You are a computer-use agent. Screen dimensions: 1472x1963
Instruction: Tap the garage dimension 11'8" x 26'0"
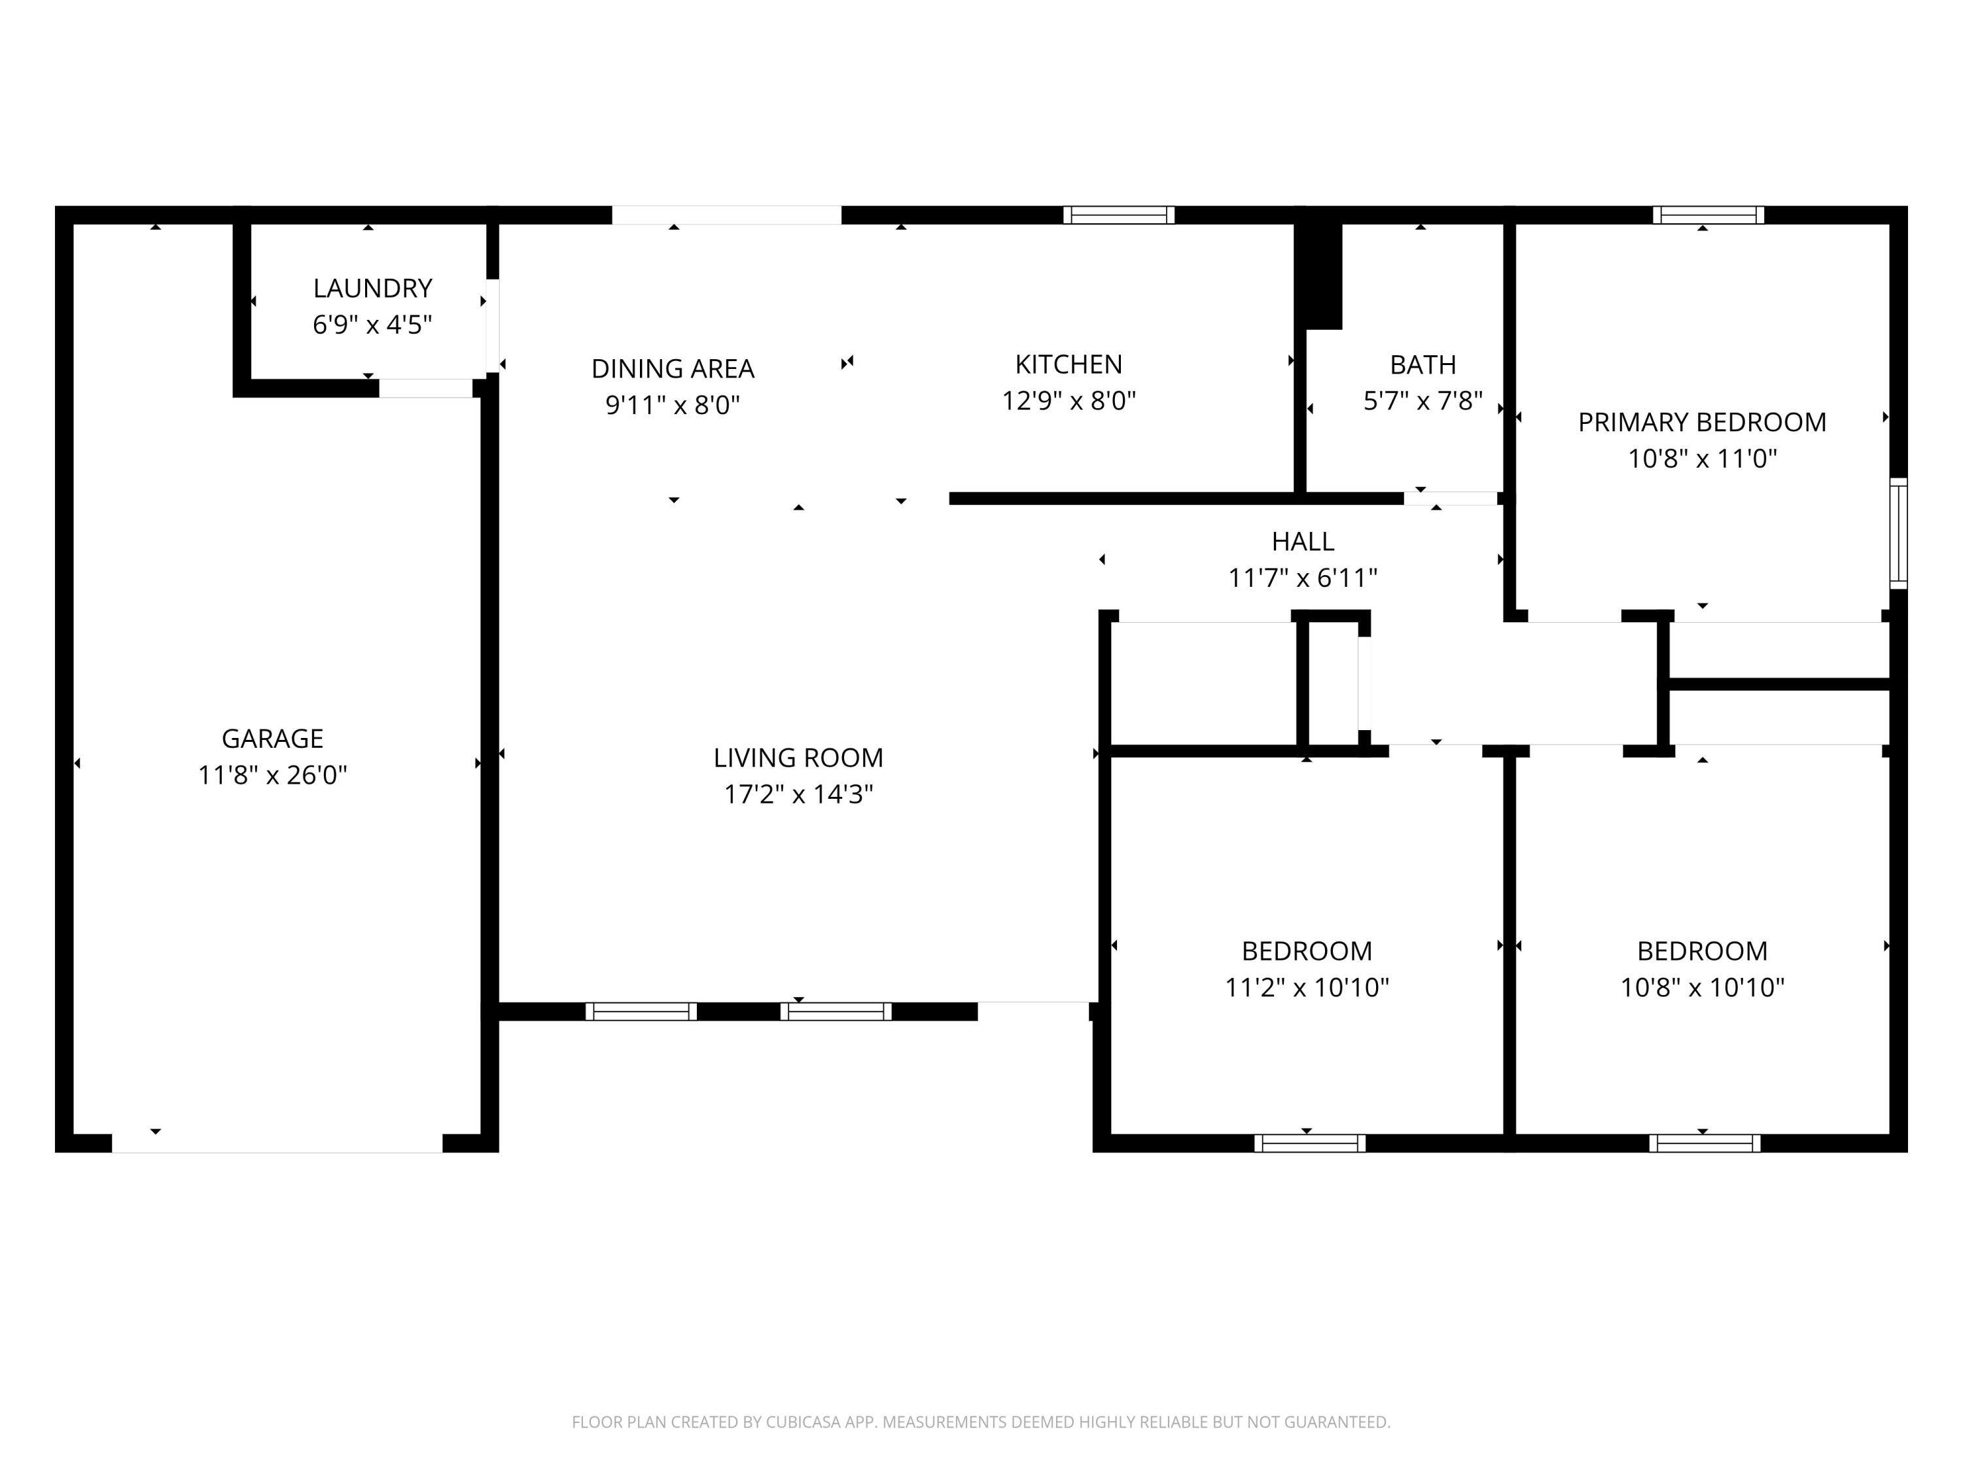(x=272, y=775)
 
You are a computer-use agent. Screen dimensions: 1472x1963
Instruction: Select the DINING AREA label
(x=673, y=368)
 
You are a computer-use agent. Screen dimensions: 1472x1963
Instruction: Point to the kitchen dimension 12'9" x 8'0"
(x=1069, y=401)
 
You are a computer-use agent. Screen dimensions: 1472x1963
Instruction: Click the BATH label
(x=1423, y=364)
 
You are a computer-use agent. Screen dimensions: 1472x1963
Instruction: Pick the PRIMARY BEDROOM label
(x=1701, y=423)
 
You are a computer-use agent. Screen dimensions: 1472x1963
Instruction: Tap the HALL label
(x=1302, y=541)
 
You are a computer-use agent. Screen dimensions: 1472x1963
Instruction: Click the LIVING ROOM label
(x=798, y=758)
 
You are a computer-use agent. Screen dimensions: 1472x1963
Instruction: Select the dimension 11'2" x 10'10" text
(x=1306, y=987)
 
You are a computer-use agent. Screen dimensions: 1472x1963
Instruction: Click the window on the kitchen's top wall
(x=1118, y=215)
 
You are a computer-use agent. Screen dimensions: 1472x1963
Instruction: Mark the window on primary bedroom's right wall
(x=1898, y=533)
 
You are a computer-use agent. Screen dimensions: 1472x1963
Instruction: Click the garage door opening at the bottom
(x=277, y=1143)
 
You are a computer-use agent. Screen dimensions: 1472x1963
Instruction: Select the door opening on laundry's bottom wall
(x=425, y=388)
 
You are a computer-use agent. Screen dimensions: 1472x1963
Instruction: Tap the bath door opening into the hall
(x=1450, y=499)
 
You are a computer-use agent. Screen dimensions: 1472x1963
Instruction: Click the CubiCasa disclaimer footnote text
(x=981, y=1422)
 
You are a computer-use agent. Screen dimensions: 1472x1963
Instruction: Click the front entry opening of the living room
(x=1033, y=1011)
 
